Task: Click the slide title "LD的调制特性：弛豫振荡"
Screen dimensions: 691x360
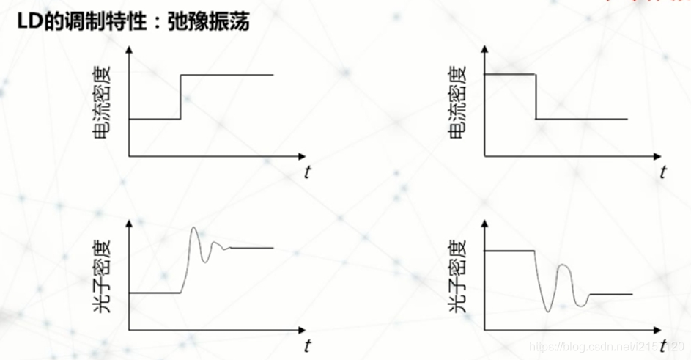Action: (134, 21)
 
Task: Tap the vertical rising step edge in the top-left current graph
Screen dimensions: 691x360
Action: (180, 96)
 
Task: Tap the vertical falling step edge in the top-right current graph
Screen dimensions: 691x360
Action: (536, 96)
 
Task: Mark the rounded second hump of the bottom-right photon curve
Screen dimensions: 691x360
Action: (563, 265)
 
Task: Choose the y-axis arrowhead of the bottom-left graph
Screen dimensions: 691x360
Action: (130, 222)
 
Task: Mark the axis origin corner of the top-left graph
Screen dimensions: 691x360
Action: (130, 156)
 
